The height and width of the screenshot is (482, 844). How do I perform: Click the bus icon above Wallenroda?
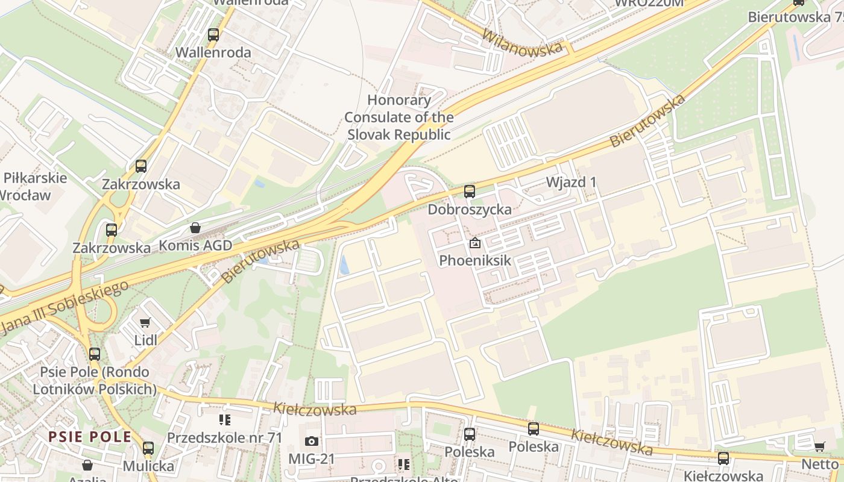point(213,35)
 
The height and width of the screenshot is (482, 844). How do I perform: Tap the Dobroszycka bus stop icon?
point(470,192)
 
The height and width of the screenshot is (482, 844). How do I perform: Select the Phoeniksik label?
point(475,260)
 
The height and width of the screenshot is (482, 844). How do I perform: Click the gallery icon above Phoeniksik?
point(475,243)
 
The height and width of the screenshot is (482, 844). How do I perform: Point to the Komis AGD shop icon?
point(195,228)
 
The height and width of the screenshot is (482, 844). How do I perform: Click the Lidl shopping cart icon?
point(145,324)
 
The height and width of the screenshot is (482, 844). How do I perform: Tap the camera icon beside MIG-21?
point(312,442)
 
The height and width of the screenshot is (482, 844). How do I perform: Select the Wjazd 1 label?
point(572,182)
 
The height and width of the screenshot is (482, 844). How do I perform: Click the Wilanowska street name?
point(522,42)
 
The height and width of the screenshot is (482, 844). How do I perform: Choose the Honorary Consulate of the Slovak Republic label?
point(399,117)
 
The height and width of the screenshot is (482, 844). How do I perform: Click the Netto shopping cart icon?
point(820,447)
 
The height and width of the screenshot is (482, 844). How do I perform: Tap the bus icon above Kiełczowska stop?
point(723,459)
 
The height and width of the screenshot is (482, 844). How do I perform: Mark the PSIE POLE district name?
point(90,437)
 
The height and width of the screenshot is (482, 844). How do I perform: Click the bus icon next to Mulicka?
point(148,448)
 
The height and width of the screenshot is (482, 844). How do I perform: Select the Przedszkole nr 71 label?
point(224,437)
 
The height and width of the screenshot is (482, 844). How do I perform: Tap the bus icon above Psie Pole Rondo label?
point(95,354)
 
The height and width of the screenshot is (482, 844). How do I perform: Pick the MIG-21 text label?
point(311,459)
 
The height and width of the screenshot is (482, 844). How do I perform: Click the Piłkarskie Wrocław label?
point(33,186)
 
